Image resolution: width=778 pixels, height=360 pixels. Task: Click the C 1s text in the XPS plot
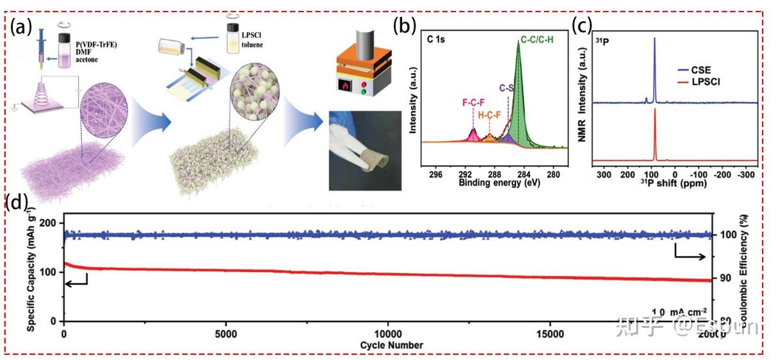click(x=437, y=40)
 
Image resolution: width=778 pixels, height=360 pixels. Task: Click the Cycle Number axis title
click(x=391, y=345)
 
